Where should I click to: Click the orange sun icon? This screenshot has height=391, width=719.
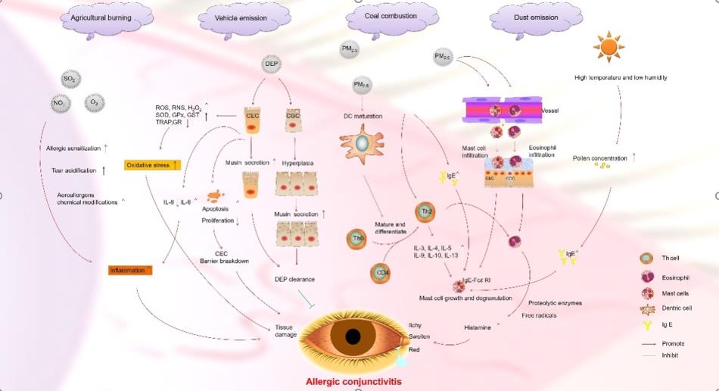tap(609, 46)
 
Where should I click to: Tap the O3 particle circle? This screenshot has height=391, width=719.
tap(95, 102)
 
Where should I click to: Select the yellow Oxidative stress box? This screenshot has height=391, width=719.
tap(152, 164)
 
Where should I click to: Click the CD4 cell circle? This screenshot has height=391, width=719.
tap(382, 273)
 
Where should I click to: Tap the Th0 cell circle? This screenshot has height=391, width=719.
tap(359, 239)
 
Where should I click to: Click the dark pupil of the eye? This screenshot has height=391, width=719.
tap(353, 336)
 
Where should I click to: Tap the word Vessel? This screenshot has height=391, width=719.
tap(552, 110)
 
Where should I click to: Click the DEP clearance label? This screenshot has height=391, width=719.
tap(294, 279)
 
